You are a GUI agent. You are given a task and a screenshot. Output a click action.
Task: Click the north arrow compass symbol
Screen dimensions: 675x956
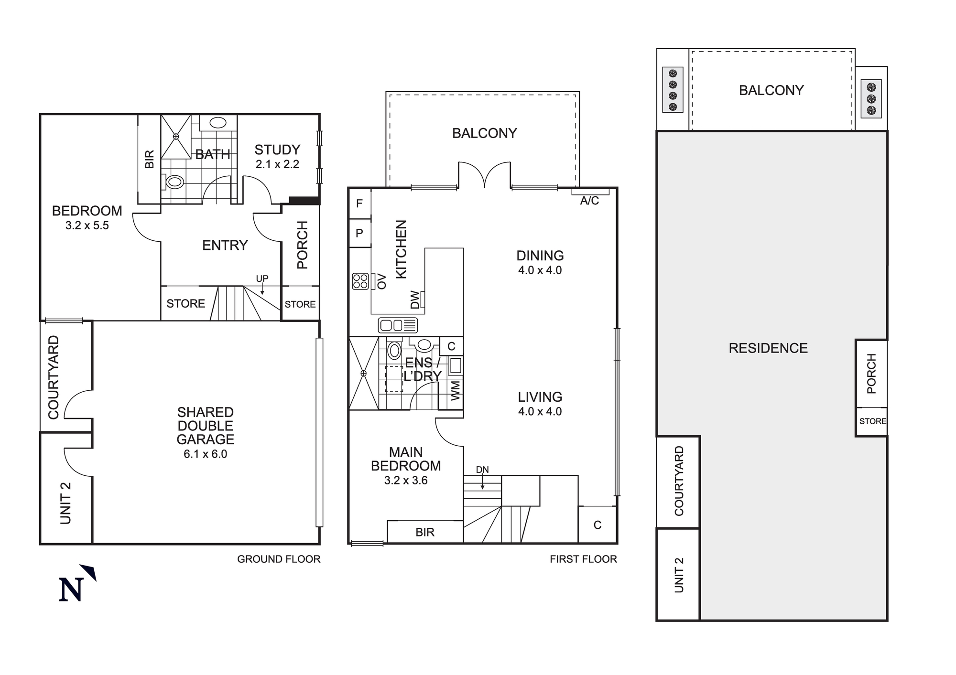(x=76, y=585)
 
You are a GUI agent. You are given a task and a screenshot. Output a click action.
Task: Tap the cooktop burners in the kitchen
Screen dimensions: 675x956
(x=360, y=281)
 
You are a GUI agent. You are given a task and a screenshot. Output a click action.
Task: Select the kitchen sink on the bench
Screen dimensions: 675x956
(x=398, y=325)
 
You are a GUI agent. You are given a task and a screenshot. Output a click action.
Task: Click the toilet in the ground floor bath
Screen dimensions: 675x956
(x=174, y=182)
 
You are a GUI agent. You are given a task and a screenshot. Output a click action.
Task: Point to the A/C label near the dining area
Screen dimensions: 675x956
(x=589, y=201)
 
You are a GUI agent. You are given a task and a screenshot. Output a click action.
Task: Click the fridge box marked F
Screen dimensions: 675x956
(x=359, y=204)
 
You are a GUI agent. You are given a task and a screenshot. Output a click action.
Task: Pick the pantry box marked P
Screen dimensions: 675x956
(x=359, y=233)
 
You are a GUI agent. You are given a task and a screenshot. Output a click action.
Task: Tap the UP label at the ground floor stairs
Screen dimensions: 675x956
(x=262, y=279)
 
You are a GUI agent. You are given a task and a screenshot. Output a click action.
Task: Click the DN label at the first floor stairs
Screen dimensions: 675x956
(x=482, y=470)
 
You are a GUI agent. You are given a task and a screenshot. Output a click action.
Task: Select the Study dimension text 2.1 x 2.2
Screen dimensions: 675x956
(x=277, y=164)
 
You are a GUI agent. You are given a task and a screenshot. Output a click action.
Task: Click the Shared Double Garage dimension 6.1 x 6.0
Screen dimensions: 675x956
(x=206, y=454)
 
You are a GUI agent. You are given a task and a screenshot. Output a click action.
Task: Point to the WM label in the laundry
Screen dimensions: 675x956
(x=456, y=390)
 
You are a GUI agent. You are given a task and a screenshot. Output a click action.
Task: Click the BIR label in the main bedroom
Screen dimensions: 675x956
(x=425, y=532)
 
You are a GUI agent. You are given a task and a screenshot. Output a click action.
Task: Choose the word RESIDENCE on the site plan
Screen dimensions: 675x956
(x=768, y=348)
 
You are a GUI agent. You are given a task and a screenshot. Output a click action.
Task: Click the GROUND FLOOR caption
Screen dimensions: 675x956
(x=279, y=559)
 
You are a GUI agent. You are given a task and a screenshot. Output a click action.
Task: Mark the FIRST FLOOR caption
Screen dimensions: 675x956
(x=583, y=559)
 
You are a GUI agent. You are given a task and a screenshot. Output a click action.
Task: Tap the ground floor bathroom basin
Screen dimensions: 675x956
(x=218, y=123)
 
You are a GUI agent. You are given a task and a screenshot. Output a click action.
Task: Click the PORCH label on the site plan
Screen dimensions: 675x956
(x=871, y=374)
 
